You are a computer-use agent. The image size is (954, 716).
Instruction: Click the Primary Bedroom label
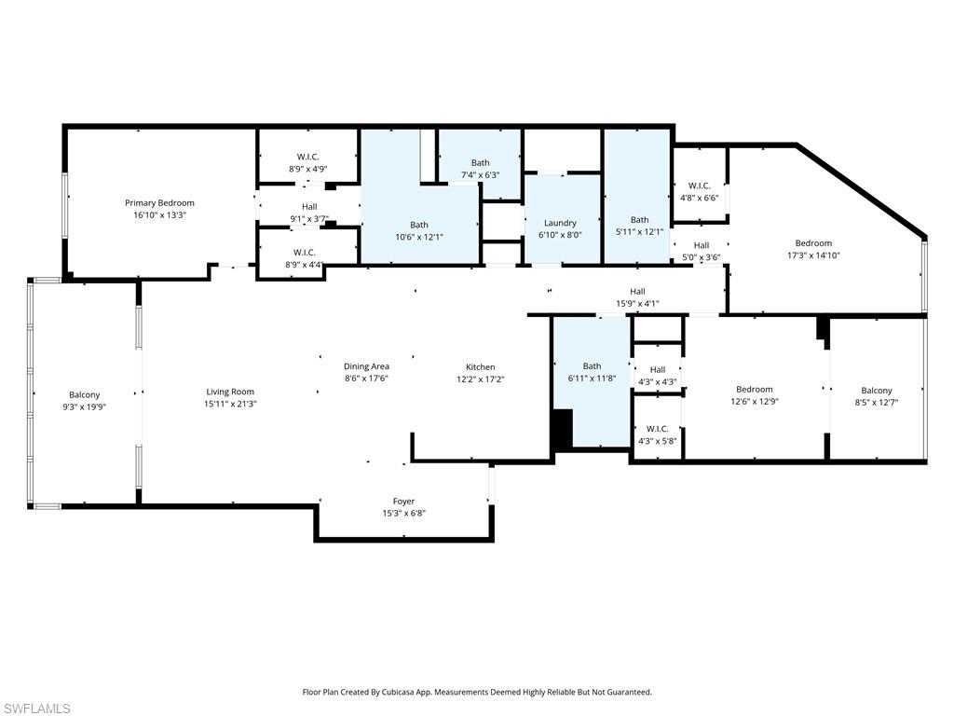click(160, 202)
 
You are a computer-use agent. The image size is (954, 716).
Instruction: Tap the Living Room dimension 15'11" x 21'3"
click(230, 404)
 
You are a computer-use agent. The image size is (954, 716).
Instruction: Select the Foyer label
click(403, 502)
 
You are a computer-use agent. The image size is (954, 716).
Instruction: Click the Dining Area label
click(366, 366)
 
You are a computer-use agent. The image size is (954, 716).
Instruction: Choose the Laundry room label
click(560, 223)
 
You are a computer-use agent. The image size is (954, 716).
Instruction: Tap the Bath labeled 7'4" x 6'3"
click(480, 163)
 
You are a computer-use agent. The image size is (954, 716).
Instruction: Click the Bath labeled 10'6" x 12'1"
click(419, 224)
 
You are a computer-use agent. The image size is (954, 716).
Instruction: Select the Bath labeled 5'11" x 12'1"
click(639, 220)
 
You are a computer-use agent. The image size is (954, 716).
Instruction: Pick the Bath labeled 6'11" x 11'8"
click(592, 366)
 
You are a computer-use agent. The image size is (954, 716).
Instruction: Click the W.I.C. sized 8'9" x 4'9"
click(307, 157)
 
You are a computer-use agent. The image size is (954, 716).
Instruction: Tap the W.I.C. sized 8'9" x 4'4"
click(305, 253)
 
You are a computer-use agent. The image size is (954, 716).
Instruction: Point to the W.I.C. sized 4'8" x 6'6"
click(699, 186)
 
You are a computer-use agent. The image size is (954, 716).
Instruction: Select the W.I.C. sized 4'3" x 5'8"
click(657, 429)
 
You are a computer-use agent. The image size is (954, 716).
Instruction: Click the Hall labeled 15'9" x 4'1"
click(637, 291)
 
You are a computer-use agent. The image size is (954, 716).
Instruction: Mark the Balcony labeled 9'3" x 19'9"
click(84, 394)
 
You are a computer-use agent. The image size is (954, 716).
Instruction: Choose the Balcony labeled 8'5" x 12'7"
click(876, 391)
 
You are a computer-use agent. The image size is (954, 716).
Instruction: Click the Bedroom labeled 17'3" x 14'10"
click(813, 243)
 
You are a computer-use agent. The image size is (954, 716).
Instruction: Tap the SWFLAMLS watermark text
click(37, 709)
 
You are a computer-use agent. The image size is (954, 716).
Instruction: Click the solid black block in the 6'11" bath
click(562, 430)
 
